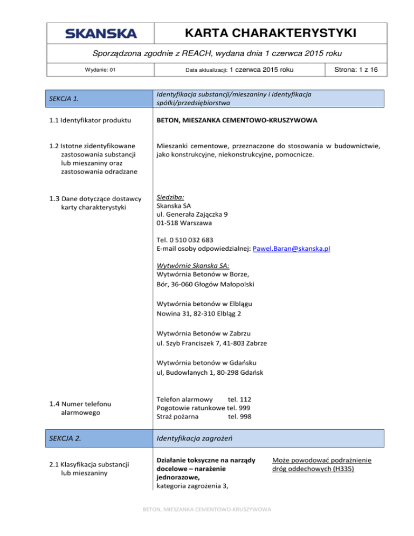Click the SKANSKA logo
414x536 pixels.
pos(101,34)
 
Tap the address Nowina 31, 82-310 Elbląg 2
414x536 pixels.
pos(199,313)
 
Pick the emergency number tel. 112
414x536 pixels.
pos(239,399)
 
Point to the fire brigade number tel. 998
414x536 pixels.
pos(239,416)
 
